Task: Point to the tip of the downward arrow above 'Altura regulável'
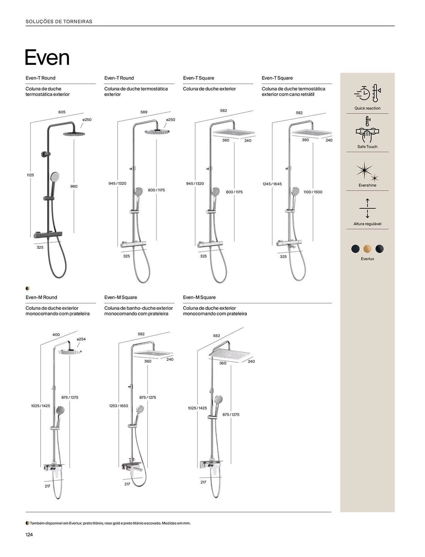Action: (367, 218)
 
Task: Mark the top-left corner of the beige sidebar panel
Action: (340, 73)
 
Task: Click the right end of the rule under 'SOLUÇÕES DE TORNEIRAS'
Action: (395, 26)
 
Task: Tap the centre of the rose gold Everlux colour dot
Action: (367, 249)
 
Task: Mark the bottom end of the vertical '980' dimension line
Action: (74, 233)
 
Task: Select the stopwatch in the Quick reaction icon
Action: (362, 93)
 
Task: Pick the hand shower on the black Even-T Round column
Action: (55, 177)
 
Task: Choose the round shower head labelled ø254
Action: (70, 352)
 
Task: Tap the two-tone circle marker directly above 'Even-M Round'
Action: (28, 289)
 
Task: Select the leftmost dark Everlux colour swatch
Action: (355, 249)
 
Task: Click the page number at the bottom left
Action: (29, 534)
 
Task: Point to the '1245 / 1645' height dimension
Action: (272, 184)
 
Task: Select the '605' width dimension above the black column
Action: (62, 112)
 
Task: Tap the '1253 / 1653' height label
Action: (118, 406)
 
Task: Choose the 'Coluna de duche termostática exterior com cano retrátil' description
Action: (293, 92)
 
